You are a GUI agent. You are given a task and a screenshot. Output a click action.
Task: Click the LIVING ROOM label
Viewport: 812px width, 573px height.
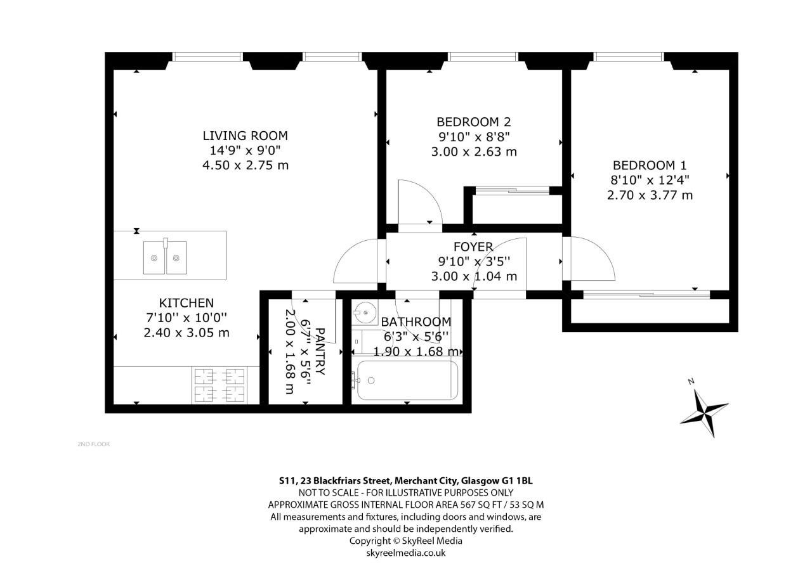click(x=245, y=136)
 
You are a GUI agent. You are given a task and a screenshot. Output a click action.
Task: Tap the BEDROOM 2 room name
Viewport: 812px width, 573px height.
click(x=474, y=122)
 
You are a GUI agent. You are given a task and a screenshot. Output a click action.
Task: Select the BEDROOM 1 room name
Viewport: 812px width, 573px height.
click(x=650, y=165)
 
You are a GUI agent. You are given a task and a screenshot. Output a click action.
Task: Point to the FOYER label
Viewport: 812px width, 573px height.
click(x=473, y=247)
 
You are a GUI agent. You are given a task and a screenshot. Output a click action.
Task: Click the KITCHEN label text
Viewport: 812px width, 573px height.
click(x=187, y=303)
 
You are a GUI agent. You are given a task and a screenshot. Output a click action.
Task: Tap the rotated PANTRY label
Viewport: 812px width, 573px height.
click(x=320, y=351)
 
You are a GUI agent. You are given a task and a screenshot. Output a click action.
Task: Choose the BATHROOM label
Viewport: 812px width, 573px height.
click(x=416, y=321)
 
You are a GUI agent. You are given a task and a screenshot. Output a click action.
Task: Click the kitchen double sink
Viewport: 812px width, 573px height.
click(x=166, y=257)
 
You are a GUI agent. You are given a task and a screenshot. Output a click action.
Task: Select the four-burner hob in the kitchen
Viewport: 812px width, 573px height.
click(x=219, y=385)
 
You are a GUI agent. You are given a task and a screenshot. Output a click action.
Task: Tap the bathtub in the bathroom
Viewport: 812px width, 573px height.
click(x=407, y=380)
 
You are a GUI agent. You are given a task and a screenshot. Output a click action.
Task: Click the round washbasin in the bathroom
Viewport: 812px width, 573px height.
click(x=365, y=312)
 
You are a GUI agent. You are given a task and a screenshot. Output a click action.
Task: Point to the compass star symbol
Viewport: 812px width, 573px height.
click(x=704, y=413)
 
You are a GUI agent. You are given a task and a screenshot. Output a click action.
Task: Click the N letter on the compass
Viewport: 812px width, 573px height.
click(x=691, y=381)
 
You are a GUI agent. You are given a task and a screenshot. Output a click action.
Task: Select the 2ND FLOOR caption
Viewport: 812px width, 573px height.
click(x=93, y=444)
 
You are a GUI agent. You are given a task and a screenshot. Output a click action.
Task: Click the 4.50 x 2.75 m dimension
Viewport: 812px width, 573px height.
click(x=246, y=165)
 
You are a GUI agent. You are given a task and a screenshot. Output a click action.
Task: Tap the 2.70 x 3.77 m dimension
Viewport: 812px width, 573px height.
click(x=650, y=196)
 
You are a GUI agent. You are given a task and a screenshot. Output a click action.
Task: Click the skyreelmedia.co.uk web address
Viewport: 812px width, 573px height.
click(x=406, y=553)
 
